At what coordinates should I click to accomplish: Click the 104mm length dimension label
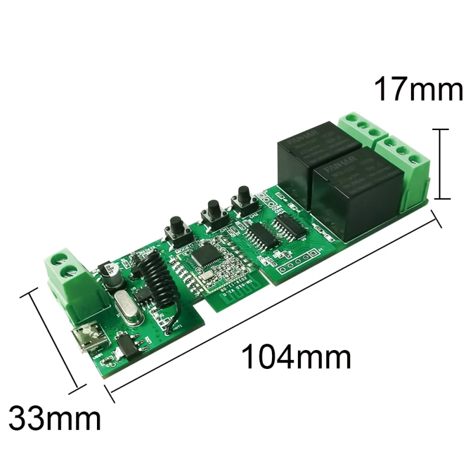point(296,357)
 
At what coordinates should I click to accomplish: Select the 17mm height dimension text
point(417,90)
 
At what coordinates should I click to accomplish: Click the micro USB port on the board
point(84,340)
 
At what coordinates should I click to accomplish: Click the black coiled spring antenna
point(157,278)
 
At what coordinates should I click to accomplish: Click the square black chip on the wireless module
point(205,255)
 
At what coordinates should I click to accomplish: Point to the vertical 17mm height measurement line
point(440,164)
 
